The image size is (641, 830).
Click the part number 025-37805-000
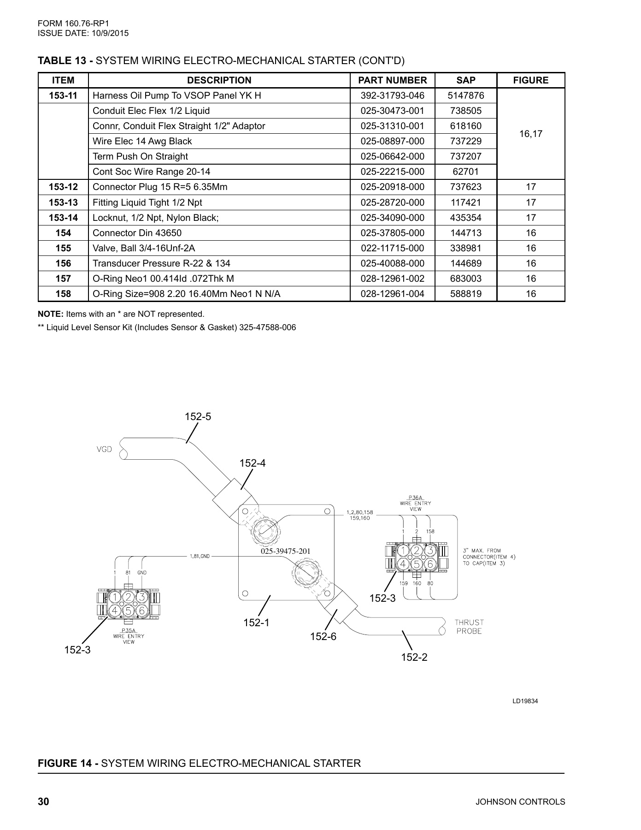coord(392,233)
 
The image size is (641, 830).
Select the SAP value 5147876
coord(465,95)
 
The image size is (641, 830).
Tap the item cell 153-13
coord(63,202)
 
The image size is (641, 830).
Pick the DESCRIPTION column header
coord(219,80)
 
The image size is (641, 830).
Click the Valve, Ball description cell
coord(144,248)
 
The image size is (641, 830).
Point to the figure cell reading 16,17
coord(530,134)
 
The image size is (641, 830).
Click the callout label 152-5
coord(198,416)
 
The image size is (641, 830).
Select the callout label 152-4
coord(253,463)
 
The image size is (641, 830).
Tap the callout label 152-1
coord(256,622)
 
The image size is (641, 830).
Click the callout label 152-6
coord(323,636)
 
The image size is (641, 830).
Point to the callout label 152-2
coord(414,657)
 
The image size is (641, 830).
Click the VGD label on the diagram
coord(104,450)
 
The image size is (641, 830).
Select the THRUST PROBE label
coord(470,627)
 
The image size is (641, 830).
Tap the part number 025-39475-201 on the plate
coord(285,551)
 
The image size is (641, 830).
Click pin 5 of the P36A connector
coord(417,563)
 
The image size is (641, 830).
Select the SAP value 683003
coord(465,279)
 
